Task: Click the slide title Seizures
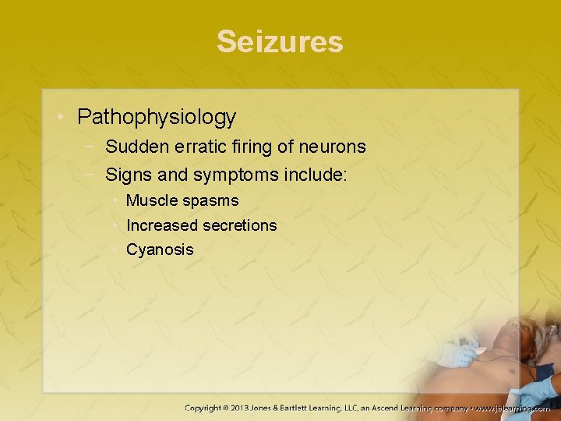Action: click(280, 41)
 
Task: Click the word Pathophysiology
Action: click(156, 118)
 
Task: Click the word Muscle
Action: click(151, 200)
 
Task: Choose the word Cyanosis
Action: click(160, 250)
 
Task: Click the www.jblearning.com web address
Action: click(513, 407)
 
